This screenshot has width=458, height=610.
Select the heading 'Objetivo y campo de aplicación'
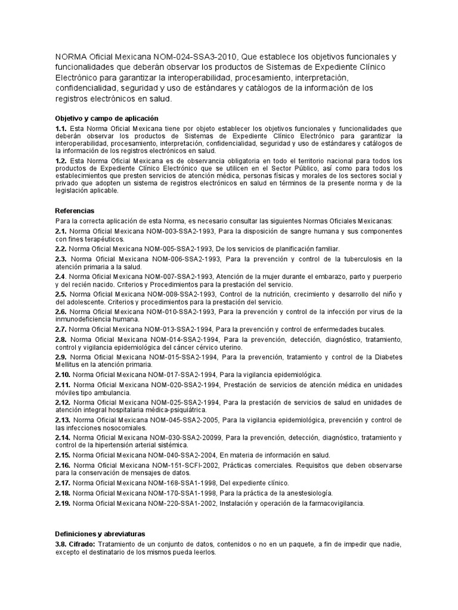point(107,119)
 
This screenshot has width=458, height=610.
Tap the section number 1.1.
point(60,129)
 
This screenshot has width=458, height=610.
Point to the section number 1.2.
point(60,161)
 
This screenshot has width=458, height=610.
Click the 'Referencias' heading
point(75,211)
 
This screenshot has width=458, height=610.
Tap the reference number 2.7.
point(60,329)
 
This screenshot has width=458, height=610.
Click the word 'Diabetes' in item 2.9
point(388,357)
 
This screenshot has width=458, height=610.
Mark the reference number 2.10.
point(63,375)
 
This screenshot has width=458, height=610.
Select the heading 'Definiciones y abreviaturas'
point(100,534)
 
